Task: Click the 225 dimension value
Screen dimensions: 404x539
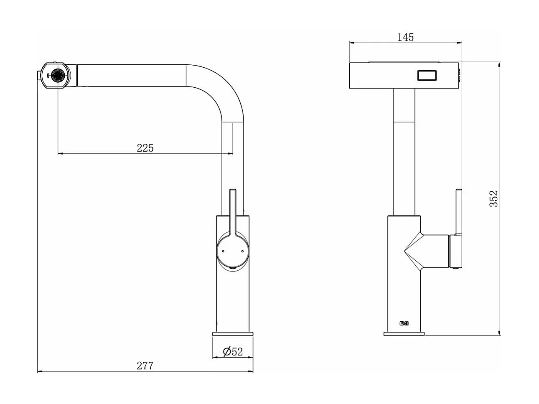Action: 145,147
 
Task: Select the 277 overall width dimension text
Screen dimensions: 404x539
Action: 145,366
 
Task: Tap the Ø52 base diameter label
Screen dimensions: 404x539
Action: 233,351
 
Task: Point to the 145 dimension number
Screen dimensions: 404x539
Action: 405,37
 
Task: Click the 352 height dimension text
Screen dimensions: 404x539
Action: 493,199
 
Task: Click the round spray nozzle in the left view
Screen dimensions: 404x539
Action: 57,76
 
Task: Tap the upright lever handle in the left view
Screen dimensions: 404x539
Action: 233,211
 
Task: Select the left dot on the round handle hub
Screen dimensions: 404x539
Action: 223,251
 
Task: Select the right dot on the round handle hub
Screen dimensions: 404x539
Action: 242,251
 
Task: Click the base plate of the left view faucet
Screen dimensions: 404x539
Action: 233,333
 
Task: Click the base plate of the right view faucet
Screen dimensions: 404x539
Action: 404,333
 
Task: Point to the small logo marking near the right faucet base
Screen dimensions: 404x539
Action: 404,323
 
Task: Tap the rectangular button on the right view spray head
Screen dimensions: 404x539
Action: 427,76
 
